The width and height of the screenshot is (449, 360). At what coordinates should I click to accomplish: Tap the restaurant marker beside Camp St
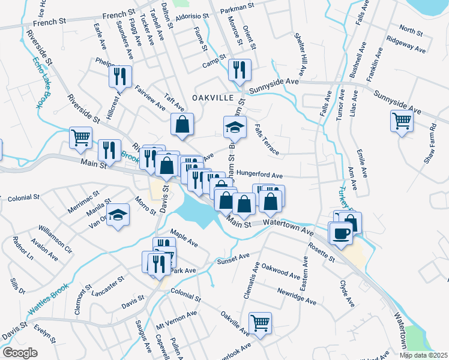pos(240,70)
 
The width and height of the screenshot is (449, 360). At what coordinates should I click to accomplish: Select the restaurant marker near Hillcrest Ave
pos(119,76)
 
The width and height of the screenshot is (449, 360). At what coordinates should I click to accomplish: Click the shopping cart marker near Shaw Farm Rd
pos(402,121)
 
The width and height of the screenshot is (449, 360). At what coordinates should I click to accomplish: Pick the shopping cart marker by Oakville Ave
pos(260,323)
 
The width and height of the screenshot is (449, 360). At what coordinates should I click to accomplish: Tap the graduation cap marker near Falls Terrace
pos(235,127)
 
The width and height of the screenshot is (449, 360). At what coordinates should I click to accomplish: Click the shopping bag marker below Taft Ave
pos(182,124)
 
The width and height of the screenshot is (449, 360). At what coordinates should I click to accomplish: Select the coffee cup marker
pos(340,233)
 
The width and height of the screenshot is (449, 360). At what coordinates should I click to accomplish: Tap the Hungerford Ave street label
pos(259,175)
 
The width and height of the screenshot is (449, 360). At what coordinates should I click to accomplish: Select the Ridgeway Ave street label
pos(406,46)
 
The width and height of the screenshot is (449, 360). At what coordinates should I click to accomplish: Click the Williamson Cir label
pos(55,238)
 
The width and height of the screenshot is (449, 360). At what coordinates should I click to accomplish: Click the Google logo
pos(20,353)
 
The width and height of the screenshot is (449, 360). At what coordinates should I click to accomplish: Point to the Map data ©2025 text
pos(423,355)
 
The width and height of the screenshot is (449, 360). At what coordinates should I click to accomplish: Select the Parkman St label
pos(239,11)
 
